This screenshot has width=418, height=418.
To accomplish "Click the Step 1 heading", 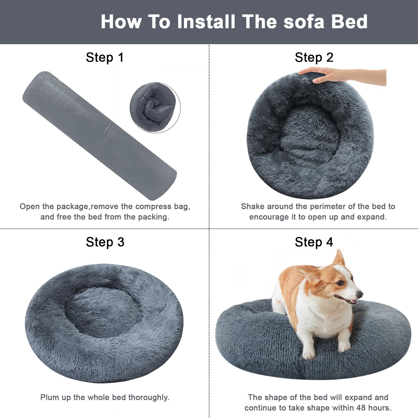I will pyautogui.click(x=105, y=57).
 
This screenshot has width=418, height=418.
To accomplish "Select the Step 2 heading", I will pyautogui.click(x=314, y=57).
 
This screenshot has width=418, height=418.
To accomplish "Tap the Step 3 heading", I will pyautogui.click(x=105, y=242).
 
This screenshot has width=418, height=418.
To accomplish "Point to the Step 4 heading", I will pyautogui.click(x=314, y=242).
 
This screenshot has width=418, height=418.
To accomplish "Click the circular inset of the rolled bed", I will pyautogui.click(x=155, y=108).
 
